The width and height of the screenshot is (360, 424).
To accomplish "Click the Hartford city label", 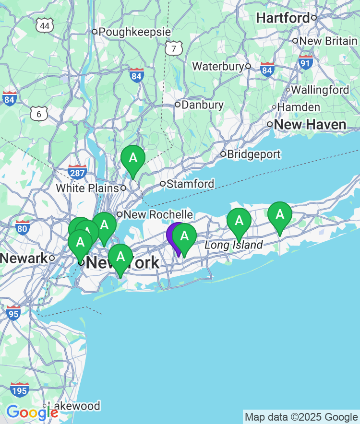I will click(x=283, y=18).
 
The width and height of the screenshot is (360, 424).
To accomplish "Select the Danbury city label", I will click(x=203, y=105).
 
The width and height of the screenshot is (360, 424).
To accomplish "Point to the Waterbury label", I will click(x=218, y=67).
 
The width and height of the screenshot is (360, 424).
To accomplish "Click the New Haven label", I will click(x=310, y=125).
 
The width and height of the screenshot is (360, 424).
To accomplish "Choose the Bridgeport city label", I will click(x=253, y=154).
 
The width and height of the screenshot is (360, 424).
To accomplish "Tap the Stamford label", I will click(x=190, y=184).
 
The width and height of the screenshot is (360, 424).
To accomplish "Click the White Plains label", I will click(x=87, y=188).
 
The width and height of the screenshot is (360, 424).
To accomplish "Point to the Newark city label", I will click(x=24, y=258).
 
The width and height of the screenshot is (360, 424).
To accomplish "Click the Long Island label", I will click(x=234, y=245).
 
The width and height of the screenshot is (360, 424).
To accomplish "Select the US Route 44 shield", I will click(x=45, y=25).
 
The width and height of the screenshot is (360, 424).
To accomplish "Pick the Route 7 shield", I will click(x=174, y=48).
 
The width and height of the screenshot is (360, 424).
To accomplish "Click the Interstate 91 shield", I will click(x=305, y=62).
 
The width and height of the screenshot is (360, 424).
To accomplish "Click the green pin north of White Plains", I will click(x=133, y=158).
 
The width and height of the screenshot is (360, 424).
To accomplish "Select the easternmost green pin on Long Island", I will click(x=279, y=215).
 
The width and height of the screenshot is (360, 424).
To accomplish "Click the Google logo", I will click(x=32, y=412).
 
